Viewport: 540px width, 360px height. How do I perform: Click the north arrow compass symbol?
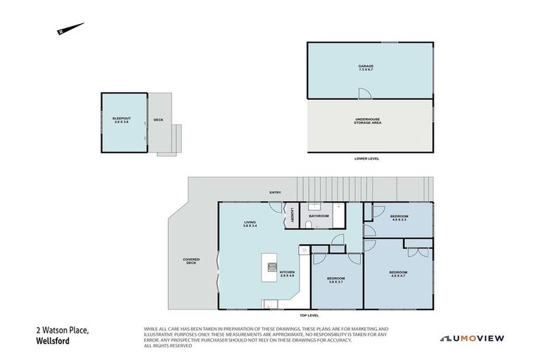pos(70,29)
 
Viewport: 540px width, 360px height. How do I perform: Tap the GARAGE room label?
pos(366,68)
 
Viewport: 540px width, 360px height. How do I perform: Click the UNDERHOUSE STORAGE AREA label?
pos(368,121)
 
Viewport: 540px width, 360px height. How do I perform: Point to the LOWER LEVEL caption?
pos(367,159)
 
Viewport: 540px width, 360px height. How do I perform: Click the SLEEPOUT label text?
pos(121,120)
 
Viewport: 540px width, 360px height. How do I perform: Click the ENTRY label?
pos(274,193)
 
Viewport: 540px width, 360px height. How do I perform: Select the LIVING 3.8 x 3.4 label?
pos(250,224)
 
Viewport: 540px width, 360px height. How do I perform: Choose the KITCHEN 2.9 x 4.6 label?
pos(287,274)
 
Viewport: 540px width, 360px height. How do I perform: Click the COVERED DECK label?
pos(191,261)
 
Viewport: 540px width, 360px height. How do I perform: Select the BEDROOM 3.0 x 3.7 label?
pos(336,280)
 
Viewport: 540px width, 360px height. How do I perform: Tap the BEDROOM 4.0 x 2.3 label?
pos(399,218)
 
